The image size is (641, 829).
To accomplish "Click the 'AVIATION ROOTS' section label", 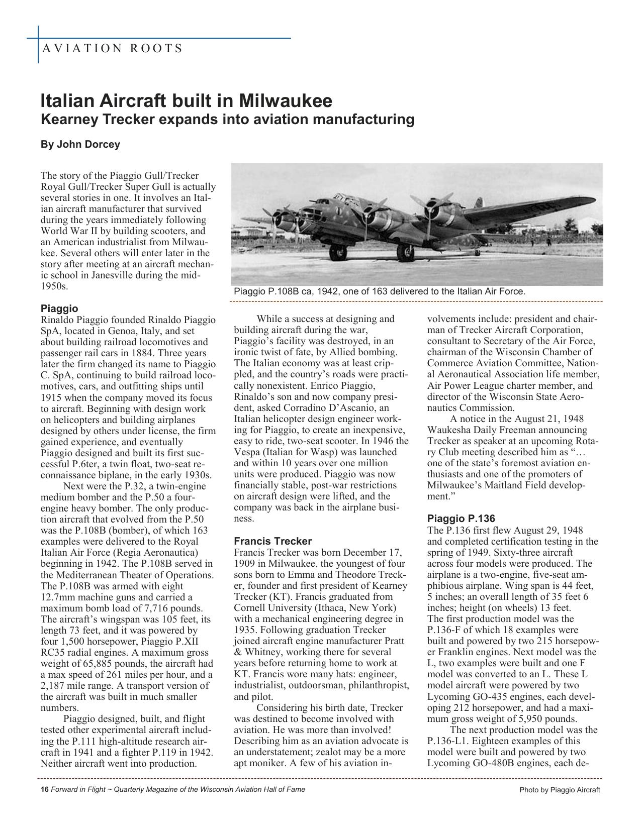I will (x=112, y=49).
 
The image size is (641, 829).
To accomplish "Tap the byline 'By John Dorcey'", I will (x=80, y=145).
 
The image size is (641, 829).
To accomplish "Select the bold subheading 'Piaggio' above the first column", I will (x=59, y=308).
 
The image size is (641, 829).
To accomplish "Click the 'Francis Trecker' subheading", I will (x=272, y=541).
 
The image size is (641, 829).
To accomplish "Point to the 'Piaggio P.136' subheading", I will (x=461, y=519).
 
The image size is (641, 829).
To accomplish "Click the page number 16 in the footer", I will (x=44, y=789).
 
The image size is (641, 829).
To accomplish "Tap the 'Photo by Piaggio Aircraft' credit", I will (x=560, y=790).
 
